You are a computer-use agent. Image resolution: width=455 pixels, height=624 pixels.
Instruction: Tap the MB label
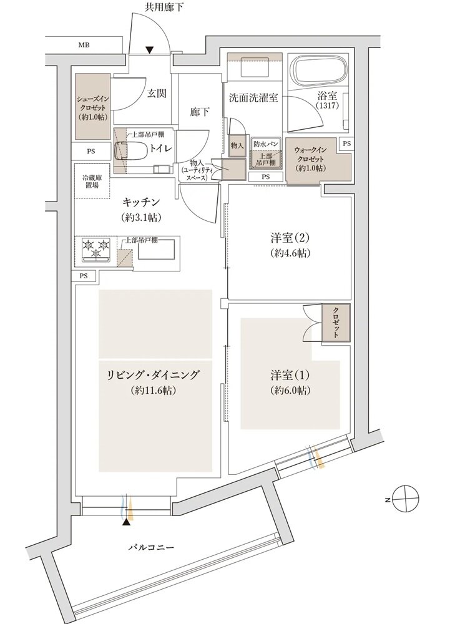point(83,46)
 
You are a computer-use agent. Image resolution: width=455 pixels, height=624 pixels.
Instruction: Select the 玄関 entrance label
point(157,94)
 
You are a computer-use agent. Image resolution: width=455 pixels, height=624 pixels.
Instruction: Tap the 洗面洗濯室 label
point(253,98)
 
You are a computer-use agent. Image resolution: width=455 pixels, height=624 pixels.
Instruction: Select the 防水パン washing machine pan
point(265,154)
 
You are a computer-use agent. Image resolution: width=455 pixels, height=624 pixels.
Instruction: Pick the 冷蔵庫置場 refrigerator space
point(92,180)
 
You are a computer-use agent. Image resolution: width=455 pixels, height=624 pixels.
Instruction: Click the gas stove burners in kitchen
point(95,248)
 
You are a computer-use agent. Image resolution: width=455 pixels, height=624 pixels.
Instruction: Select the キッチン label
point(142,203)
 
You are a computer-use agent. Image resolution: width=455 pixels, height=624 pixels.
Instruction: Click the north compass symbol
point(404,499)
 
